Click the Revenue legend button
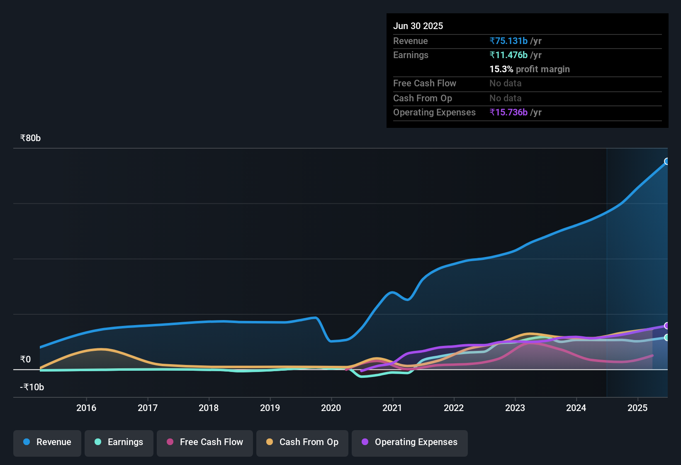47,442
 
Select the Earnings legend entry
119,442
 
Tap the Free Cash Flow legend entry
205,442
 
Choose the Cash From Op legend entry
302,442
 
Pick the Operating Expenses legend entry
410,442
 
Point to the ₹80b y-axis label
30,138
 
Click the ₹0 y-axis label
25,360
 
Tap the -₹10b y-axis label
32,387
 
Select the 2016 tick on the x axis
86,408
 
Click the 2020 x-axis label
331,408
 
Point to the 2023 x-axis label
515,408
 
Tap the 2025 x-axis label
637,408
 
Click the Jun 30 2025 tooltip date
418,26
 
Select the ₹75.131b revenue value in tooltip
508,41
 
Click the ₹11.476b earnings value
508,55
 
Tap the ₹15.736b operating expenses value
508,113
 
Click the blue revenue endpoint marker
666,162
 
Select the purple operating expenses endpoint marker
666,326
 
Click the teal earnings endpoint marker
666,338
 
